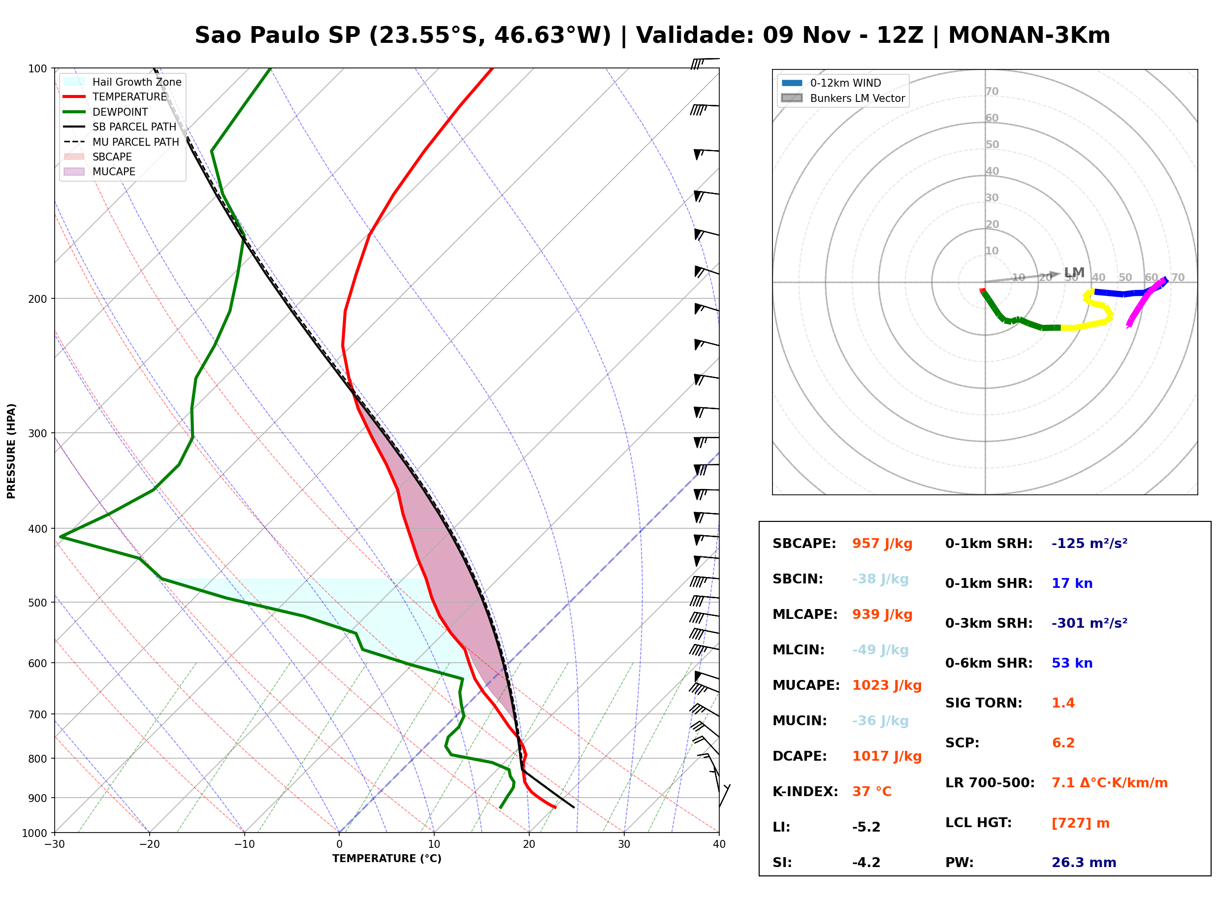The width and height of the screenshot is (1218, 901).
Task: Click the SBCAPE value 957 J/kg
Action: [x=882, y=544]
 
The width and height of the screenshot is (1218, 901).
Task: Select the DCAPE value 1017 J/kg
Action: [x=887, y=756]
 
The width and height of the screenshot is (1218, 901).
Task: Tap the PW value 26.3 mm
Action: [x=1084, y=863]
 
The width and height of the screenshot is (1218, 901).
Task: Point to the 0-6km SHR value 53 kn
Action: [x=1072, y=663]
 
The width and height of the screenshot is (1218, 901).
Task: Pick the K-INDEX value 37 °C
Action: [x=872, y=792]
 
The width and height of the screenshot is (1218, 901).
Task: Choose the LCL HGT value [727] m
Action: [x=1081, y=823]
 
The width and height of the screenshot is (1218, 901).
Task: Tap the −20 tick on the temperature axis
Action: [x=149, y=844]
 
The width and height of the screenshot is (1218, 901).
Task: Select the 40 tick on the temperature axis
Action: [x=719, y=844]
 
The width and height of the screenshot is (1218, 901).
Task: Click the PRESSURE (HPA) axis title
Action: [x=11, y=451]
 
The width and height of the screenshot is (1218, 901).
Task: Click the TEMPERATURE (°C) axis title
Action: [x=387, y=859]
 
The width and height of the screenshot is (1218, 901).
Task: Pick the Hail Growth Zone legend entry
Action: [x=122, y=82]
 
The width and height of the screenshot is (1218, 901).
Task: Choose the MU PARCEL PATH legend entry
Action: [x=121, y=142]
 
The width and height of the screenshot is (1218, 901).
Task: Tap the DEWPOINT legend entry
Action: [x=106, y=112]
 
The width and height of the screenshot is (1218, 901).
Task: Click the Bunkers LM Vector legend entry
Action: [x=843, y=98]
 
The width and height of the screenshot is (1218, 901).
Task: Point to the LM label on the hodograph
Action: [x=1074, y=272]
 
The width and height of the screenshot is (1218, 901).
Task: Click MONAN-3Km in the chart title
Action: [x=1029, y=35]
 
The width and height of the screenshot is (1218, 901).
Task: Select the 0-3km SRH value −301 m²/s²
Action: [x=1090, y=623]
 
